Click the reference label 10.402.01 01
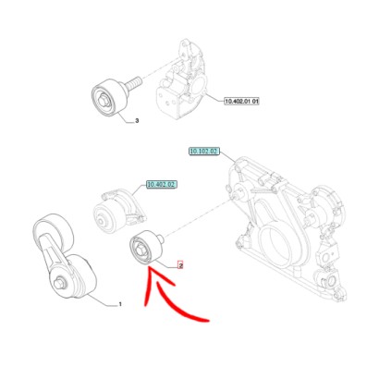242,101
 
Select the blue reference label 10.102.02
204,152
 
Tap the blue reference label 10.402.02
162,185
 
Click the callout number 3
137,121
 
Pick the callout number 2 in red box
180,265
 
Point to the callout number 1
120,304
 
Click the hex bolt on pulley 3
104,101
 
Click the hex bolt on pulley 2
140,250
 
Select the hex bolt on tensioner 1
58,283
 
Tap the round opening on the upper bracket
198,85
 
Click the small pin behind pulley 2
160,238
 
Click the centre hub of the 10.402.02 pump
102,221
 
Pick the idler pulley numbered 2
145,247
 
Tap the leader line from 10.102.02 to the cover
228,158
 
